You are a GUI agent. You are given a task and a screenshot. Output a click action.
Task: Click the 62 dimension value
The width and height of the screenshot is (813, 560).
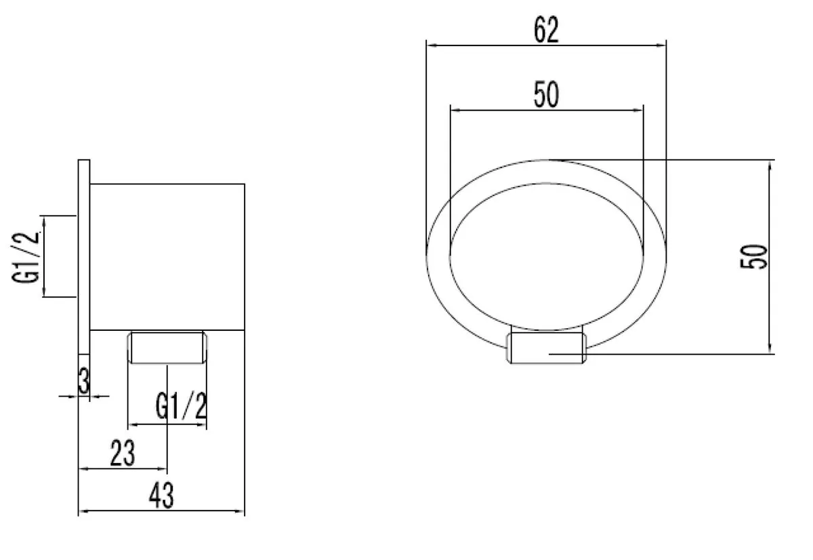point(546,30)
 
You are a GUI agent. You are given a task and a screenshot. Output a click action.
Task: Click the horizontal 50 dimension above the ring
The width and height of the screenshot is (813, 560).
point(546,94)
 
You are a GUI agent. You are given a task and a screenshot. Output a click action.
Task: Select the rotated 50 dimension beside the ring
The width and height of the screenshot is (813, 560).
point(754,257)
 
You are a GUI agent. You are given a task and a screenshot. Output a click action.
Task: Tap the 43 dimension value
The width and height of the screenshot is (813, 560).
point(161,496)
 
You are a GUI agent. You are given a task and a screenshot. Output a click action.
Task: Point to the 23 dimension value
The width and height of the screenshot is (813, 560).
point(123,454)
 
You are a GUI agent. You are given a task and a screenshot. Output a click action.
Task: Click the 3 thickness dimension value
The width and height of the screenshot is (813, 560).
point(84,381)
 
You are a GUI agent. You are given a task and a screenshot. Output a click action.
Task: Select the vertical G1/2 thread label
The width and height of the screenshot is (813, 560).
point(26,258)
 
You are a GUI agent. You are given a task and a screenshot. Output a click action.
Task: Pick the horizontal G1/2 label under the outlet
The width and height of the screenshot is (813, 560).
point(181,405)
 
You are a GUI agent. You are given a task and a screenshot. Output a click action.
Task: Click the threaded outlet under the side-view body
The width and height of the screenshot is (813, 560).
point(167,347)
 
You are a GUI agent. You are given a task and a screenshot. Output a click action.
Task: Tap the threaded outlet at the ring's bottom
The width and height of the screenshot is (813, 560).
point(546,348)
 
